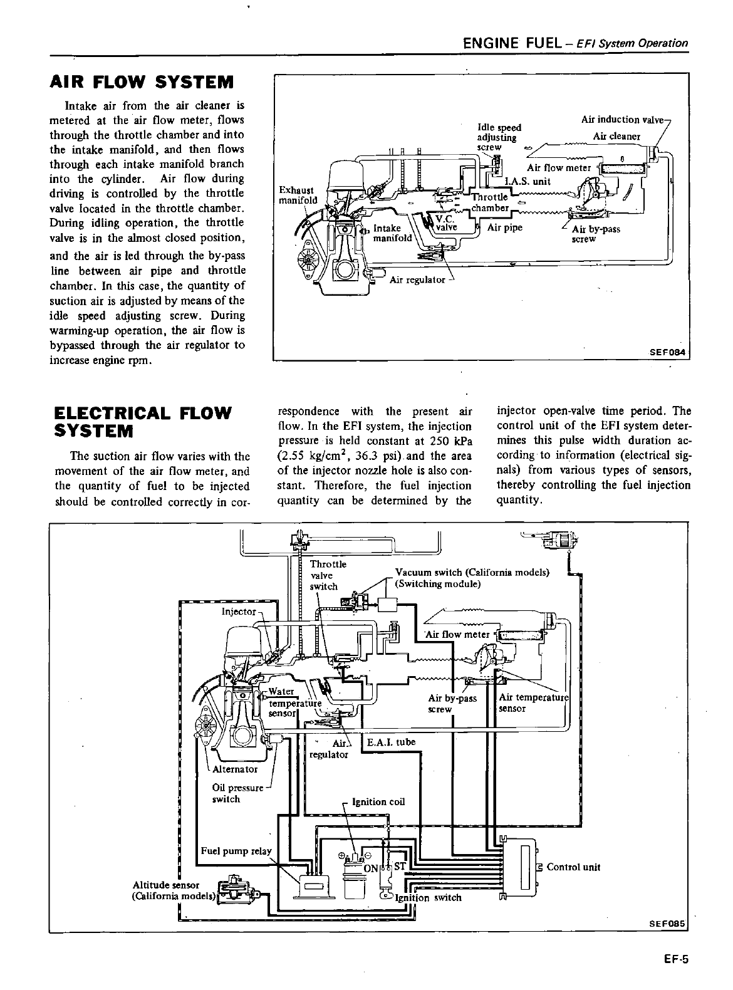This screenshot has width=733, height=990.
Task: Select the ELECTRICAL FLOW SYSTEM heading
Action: pyautogui.click(x=143, y=422)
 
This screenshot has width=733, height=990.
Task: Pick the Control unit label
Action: pyautogui.click(x=573, y=867)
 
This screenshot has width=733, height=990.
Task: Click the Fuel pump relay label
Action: pyautogui.click(x=236, y=851)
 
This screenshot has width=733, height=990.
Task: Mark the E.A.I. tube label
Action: pyautogui.click(x=392, y=742)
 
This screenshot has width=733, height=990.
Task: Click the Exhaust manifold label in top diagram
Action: pyautogui.click(x=298, y=195)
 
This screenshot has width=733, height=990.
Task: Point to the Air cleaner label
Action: pyautogui.click(x=616, y=136)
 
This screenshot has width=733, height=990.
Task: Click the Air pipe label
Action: pyautogui.click(x=504, y=227)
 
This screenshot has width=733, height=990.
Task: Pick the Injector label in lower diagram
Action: pyautogui.click(x=239, y=611)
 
